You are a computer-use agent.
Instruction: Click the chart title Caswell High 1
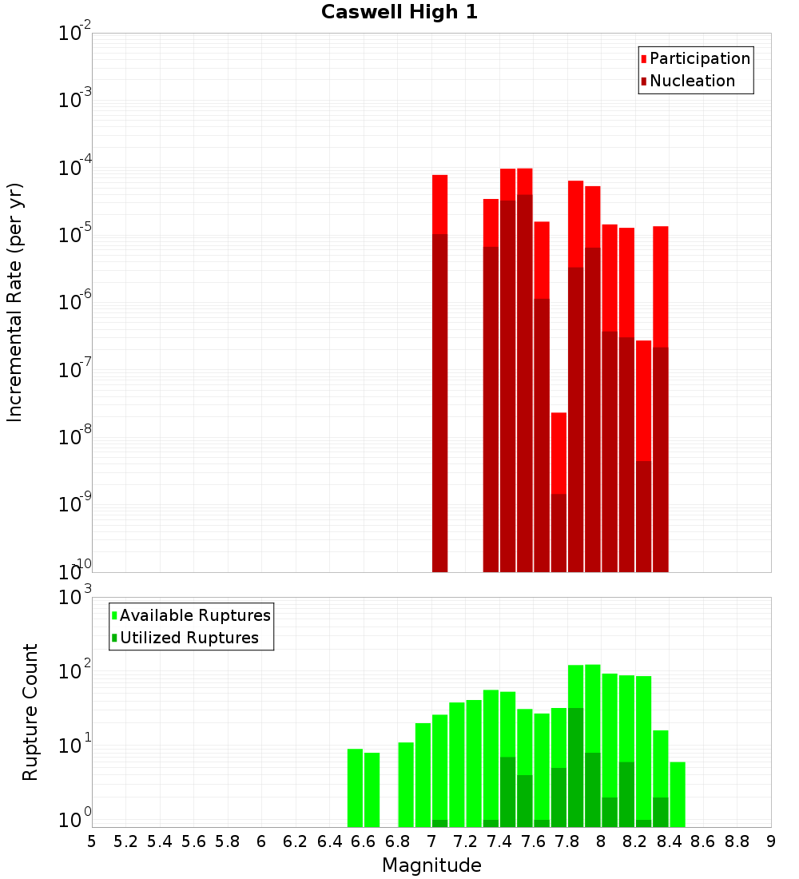tap(399, 13)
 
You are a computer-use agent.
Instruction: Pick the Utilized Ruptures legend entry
tap(189, 638)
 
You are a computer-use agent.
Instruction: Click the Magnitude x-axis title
tap(431, 865)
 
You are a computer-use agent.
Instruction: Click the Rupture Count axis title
tap(30, 712)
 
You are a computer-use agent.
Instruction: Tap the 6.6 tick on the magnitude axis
tap(364, 841)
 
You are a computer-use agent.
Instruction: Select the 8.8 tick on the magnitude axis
tap(737, 841)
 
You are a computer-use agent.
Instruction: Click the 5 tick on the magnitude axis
tap(92, 841)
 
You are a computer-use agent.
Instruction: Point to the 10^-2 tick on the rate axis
tap(75, 34)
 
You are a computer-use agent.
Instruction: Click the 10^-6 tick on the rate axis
tap(75, 303)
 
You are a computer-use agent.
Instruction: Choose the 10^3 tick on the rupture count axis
tap(75, 598)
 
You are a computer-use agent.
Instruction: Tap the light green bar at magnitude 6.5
tap(355, 787)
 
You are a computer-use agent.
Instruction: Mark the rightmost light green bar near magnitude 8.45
tap(678, 794)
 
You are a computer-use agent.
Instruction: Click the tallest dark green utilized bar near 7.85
tap(575, 767)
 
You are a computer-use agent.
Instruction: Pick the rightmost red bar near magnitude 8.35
tap(660, 288)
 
